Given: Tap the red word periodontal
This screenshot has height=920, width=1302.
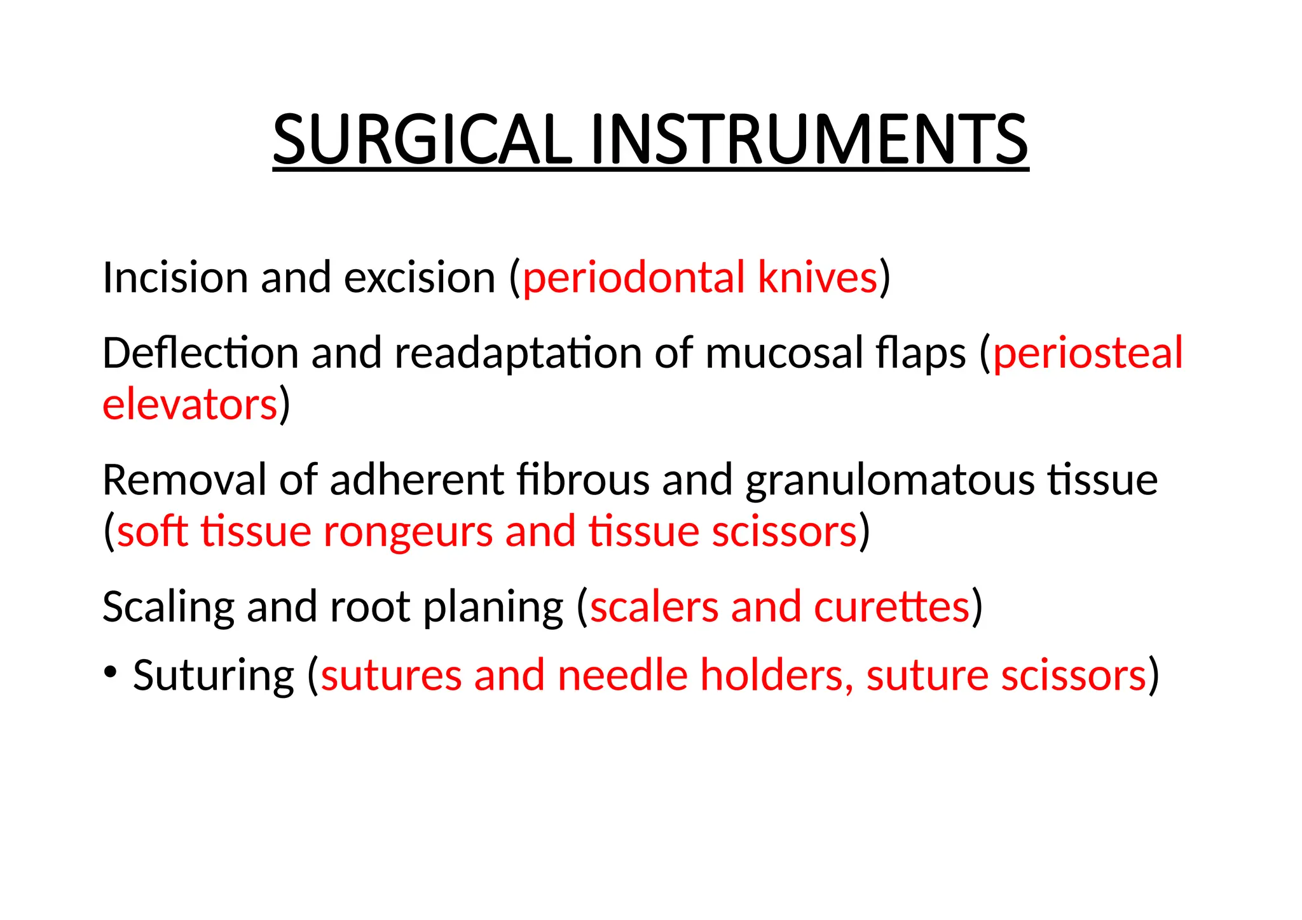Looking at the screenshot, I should coord(633,278).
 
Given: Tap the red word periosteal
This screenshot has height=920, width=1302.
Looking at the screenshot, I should coord(1088,353).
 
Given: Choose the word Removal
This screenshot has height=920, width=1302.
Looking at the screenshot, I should coord(184,480).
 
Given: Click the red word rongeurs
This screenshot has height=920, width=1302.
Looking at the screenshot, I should coord(408,531).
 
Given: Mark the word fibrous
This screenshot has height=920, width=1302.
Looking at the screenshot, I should coord(583,480).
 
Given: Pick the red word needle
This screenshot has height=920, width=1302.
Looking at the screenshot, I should coord(622,675).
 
